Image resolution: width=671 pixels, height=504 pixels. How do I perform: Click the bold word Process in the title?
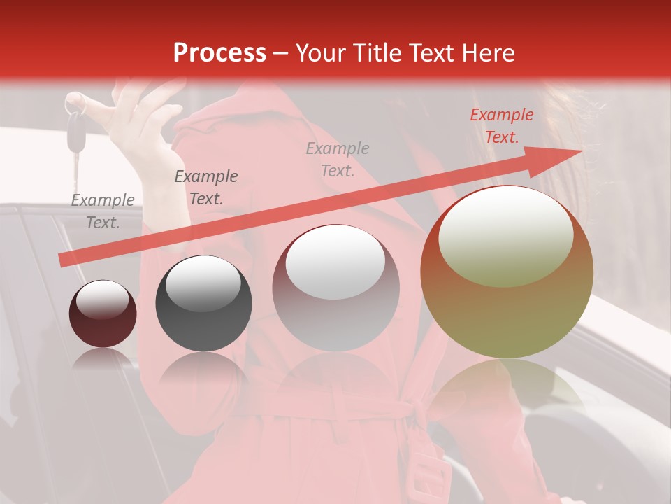point(219,53)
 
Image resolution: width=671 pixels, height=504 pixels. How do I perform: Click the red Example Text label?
point(501,126)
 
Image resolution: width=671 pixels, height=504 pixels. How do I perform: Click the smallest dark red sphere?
point(103,314)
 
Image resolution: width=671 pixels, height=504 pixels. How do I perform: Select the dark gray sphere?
point(203,303)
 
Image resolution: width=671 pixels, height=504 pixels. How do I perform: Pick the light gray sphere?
point(335,288)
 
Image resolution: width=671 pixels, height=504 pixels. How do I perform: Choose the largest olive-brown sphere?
point(507,273)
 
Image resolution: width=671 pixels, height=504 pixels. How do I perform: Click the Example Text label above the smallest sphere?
point(103,211)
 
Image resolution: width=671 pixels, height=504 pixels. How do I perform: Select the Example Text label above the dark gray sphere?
point(205,188)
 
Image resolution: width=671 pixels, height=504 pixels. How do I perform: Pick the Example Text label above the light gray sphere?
point(338,160)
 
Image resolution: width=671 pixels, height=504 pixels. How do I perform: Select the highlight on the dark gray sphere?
point(203,284)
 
